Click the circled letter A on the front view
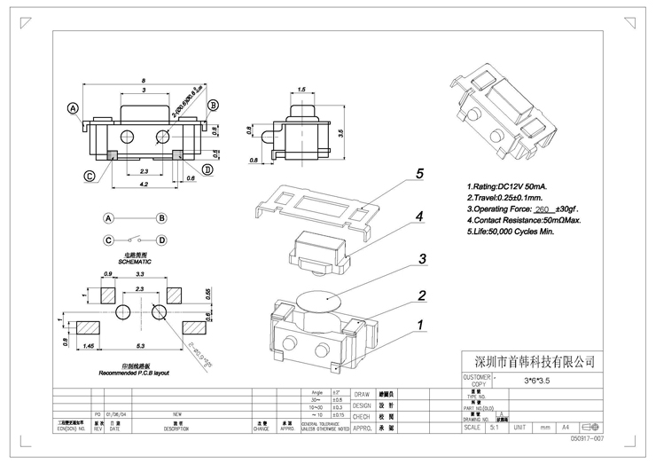click(x=74, y=108)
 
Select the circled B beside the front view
click(x=213, y=106)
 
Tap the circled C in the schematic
click(x=108, y=240)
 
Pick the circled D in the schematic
click(x=162, y=240)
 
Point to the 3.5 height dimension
click(x=340, y=132)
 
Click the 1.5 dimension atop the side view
click(x=302, y=90)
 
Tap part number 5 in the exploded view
click(x=420, y=175)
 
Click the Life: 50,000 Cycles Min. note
click(x=510, y=231)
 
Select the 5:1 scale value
click(x=494, y=428)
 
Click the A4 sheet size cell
click(x=564, y=428)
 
